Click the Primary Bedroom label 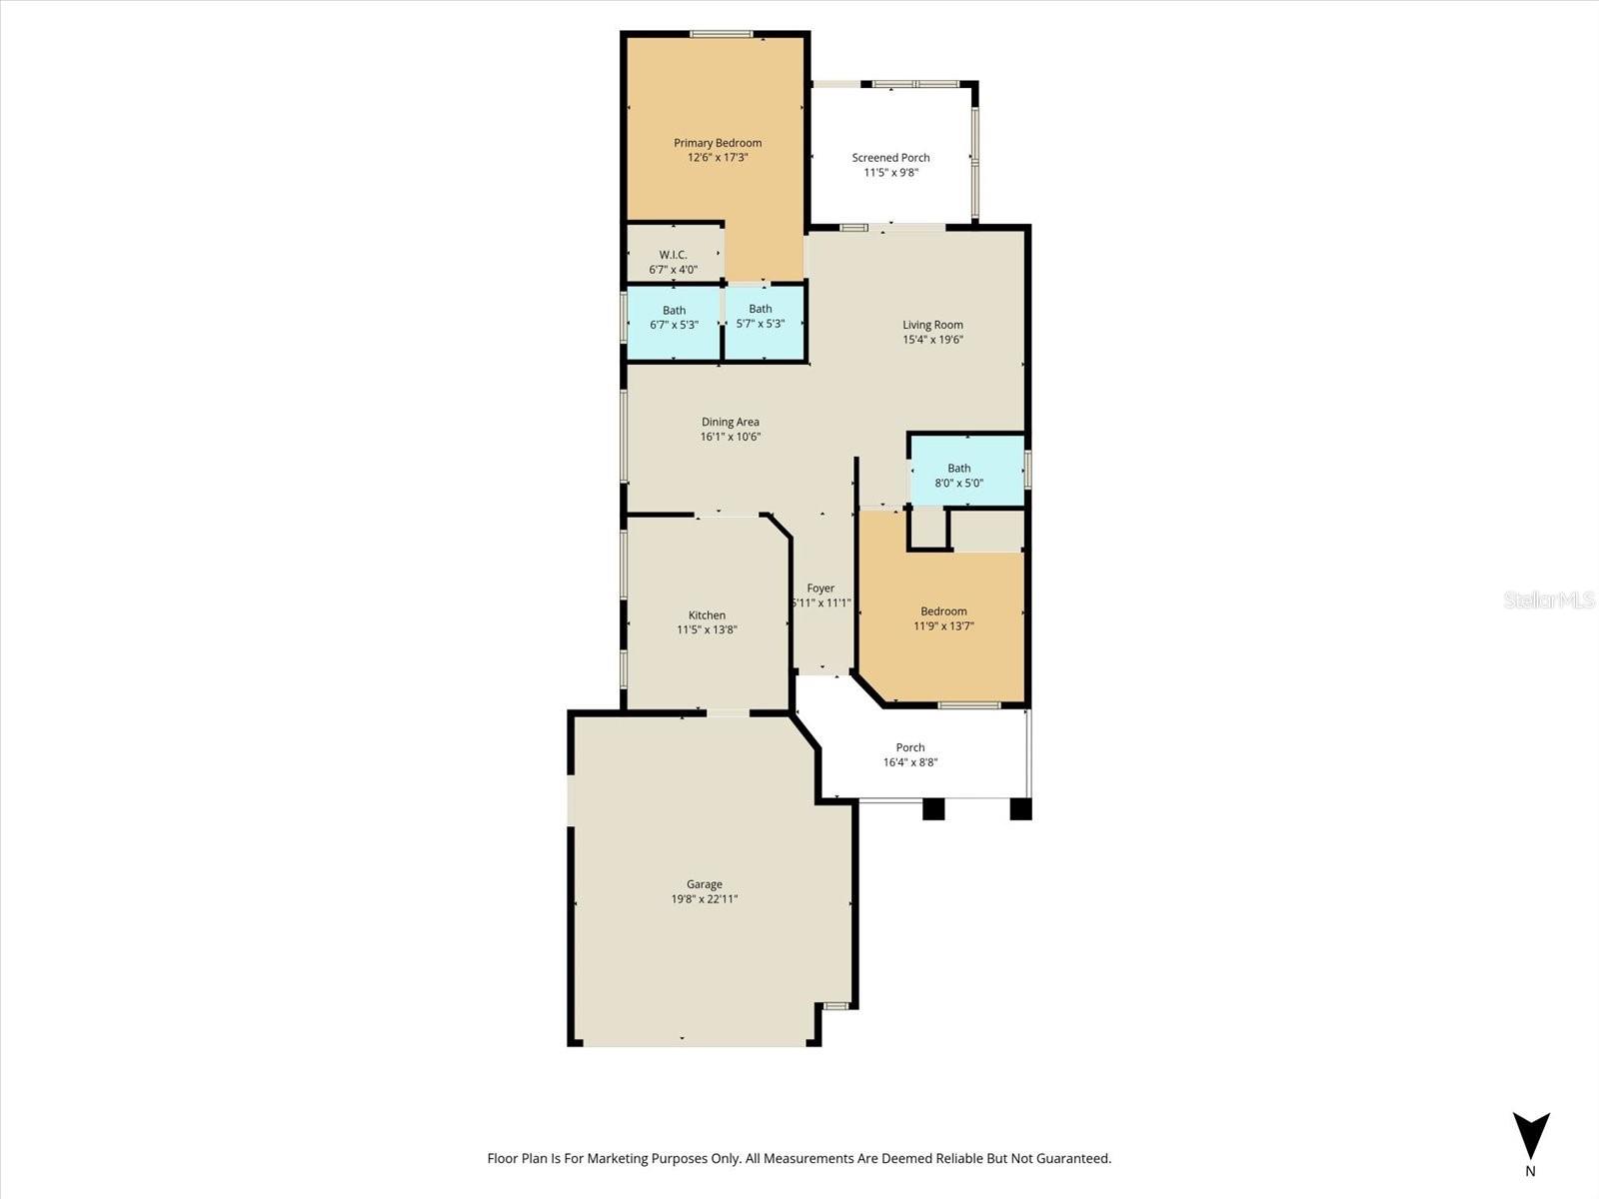click(717, 143)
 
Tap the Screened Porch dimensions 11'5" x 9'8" click(890, 173)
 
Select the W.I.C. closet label click(673, 255)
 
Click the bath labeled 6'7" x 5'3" click(674, 317)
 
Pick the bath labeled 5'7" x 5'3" click(760, 316)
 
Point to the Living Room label click(932, 325)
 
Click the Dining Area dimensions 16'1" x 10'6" click(730, 437)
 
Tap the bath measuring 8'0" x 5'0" click(958, 476)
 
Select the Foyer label click(820, 589)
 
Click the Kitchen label click(707, 615)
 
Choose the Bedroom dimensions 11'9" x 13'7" click(943, 626)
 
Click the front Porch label click(909, 747)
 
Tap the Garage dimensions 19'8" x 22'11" click(705, 899)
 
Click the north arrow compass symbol click(1530, 1135)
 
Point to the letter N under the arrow click(1530, 1171)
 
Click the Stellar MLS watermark click(1549, 599)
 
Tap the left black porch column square click(932, 808)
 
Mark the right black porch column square click(1020, 808)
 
